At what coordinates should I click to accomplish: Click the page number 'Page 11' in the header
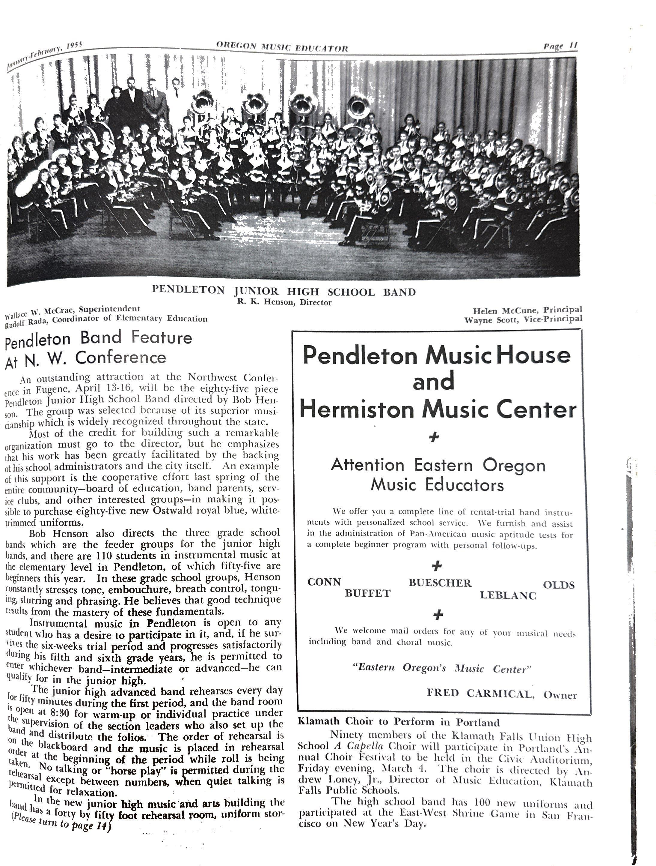coord(560,46)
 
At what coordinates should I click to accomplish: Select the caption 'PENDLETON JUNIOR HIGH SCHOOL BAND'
coord(283,291)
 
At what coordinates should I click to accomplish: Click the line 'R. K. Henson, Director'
coord(284,302)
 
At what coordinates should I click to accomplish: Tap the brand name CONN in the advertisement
coord(324,582)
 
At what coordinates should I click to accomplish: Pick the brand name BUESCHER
coord(440,583)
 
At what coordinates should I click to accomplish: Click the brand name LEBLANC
coord(508,595)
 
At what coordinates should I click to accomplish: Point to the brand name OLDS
coord(559,585)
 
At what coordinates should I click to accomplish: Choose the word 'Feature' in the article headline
coord(162,337)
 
